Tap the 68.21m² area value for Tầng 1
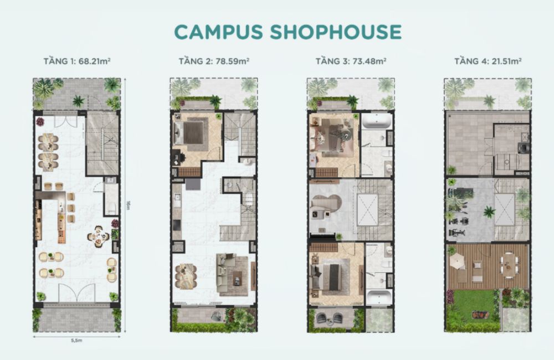(95, 61)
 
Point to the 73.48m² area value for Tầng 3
(368, 61)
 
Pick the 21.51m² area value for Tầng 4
(506, 61)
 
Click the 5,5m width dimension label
(76, 341)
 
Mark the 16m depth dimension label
(129, 205)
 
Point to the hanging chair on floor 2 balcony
(215, 317)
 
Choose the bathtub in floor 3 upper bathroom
(377, 122)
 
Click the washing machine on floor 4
(523, 147)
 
